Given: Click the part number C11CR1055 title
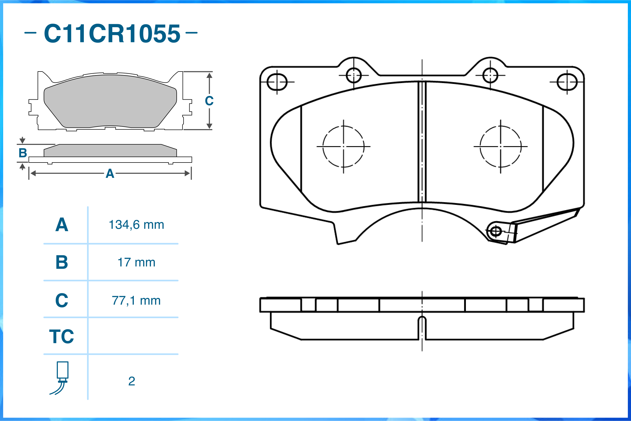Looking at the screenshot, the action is click(112, 33).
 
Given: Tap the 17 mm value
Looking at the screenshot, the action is click(136, 263).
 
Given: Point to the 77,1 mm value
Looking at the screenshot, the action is click(136, 301).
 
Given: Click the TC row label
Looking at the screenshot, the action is click(62, 336).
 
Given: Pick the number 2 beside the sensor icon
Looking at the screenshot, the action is click(131, 381).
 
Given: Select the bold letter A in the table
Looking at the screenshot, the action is click(62, 225).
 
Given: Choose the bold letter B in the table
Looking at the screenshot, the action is click(62, 262).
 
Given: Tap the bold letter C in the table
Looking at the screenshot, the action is click(62, 301).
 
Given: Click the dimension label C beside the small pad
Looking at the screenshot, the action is click(209, 101).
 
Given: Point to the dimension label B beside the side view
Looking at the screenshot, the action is click(23, 153).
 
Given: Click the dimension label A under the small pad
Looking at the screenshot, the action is click(110, 174).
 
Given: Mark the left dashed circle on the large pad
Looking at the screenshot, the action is click(343, 146).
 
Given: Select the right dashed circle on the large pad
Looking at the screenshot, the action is click(500, 146).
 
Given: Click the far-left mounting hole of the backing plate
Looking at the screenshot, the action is click(277, 82).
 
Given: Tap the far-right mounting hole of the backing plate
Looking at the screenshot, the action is click(567, 82).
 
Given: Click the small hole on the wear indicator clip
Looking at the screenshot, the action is click(496, 231).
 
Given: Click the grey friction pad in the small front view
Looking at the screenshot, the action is click(110, 102).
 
